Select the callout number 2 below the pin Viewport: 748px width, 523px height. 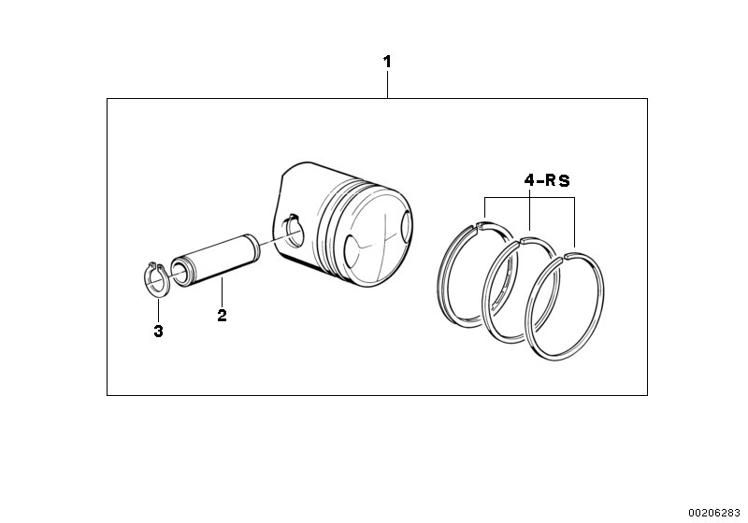222,316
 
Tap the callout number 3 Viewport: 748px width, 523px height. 158,331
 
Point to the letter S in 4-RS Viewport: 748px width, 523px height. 565,181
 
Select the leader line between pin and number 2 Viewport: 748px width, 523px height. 222,291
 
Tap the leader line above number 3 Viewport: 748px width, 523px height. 158,308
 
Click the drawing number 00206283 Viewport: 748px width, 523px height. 714,512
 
